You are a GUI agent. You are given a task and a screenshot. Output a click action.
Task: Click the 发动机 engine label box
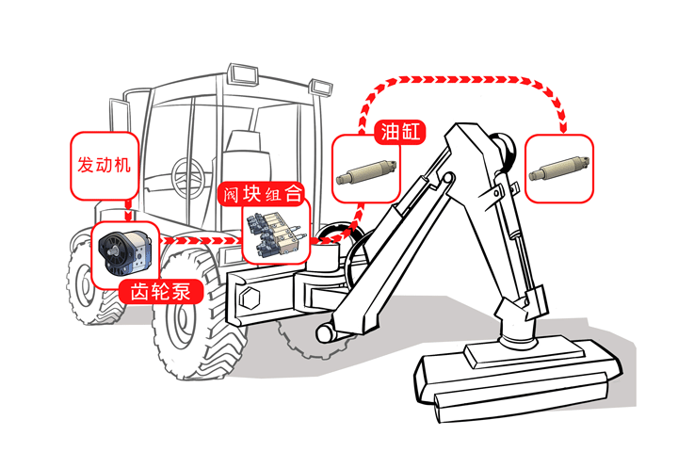point(105,166)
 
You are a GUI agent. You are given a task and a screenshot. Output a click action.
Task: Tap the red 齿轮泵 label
point(161,291)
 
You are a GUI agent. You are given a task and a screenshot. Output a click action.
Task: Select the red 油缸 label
point(400,132)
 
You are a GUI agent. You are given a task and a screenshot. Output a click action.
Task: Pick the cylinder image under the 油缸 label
point(366,170)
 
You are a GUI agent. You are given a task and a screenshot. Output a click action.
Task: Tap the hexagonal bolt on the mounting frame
point(250,299)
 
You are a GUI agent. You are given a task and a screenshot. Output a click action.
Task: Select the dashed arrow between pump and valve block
point(202,240)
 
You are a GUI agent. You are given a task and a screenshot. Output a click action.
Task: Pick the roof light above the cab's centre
point(243,73)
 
